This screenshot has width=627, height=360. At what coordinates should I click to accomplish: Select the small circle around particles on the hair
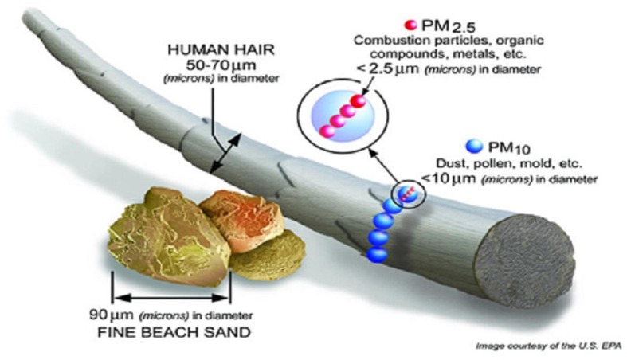[x=410, y=192]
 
